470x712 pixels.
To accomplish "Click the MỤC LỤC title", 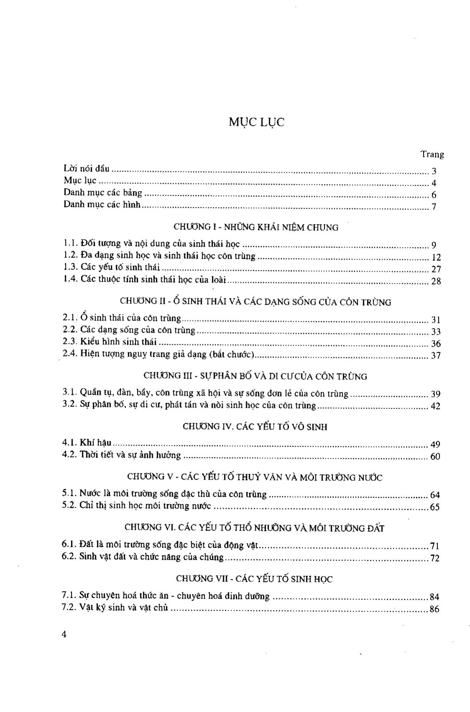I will coord(257,122).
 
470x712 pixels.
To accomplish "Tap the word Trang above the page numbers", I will coord(432,154).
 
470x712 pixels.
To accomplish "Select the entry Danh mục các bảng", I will coord(103,193).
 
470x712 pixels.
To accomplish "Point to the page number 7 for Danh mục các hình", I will coord(434,207).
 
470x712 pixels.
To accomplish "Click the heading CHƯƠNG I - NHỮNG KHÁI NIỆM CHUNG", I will coord(256,227).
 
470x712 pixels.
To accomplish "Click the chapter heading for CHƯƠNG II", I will coord(256,302).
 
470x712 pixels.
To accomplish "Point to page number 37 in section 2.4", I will coord(436,356).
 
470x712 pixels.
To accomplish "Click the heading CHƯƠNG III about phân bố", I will coord(255,376).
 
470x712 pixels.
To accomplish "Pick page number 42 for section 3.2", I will coord(435,406).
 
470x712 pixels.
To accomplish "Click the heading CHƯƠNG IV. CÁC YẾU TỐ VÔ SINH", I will coord(255,427).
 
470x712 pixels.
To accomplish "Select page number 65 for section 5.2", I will coord(435,507).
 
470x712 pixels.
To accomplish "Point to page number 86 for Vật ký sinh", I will coord(434,609).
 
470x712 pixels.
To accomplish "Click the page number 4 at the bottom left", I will coord(64,634).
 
